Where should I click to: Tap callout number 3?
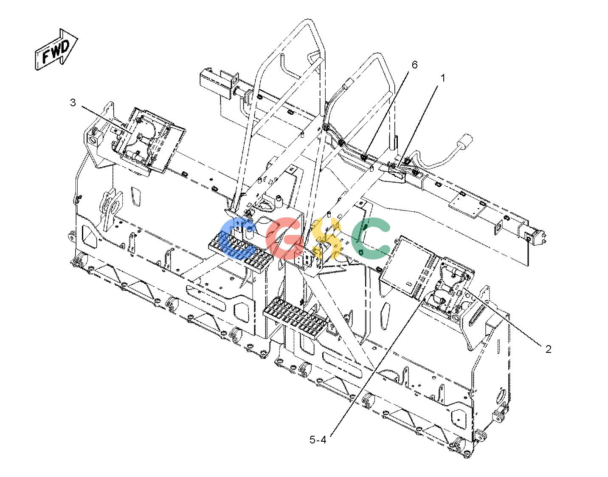coord(73,102)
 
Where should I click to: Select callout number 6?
coord(414,65)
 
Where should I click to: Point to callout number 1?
coord(442,78)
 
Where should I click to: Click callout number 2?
coord(548,349)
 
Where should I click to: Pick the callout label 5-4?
coord(318,440)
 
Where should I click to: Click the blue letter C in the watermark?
coord(238,238)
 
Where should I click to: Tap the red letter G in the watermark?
coord(284,238)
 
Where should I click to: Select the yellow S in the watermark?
coord(326,238)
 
